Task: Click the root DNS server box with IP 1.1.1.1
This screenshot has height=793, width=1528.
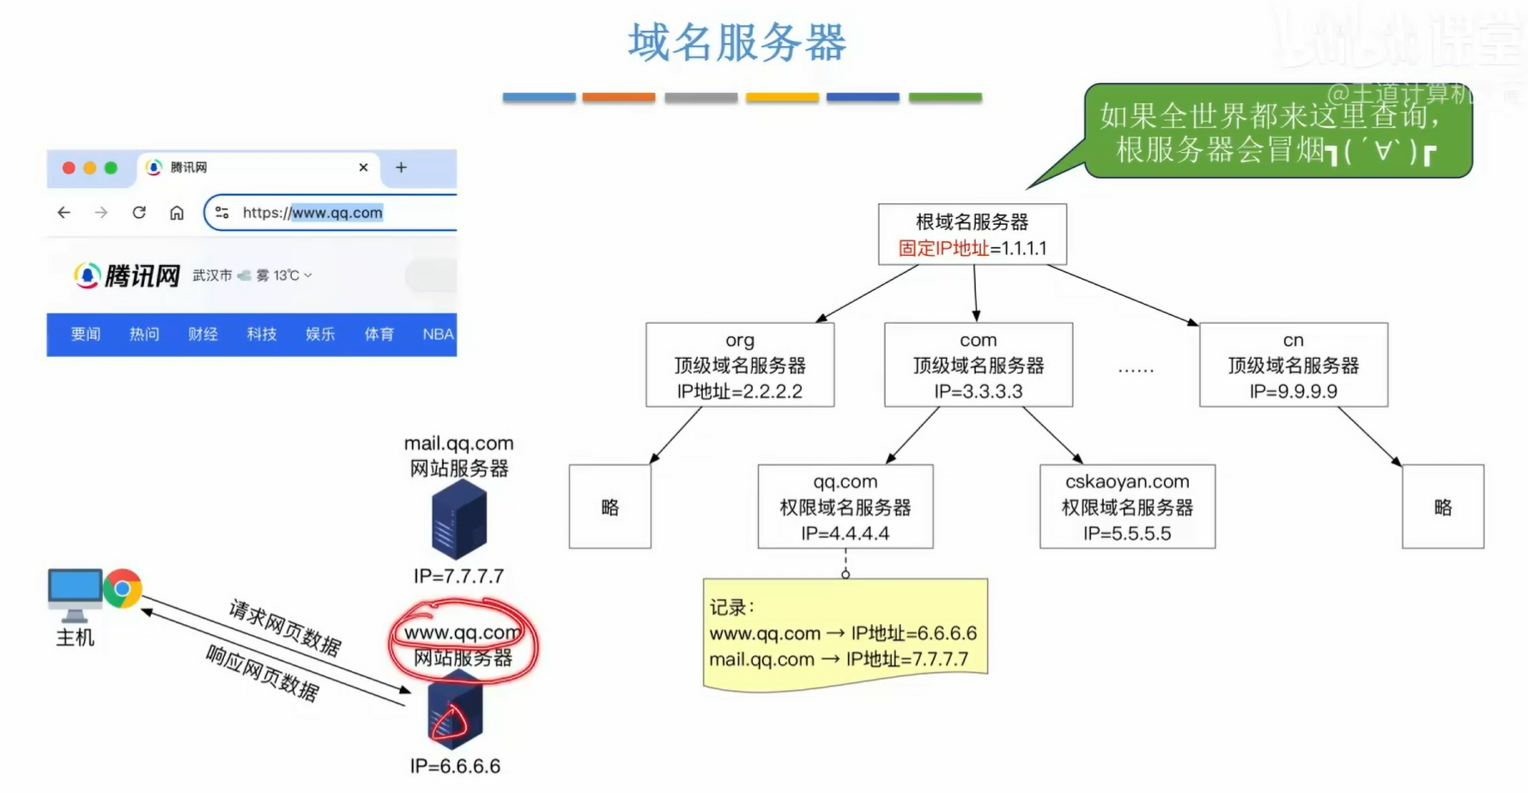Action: coord(972,234)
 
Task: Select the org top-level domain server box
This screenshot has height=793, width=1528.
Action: coord(739,365)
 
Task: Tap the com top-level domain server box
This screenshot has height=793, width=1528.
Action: coord(978,365)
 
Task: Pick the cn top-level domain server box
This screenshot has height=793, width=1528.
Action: coord(1293,365)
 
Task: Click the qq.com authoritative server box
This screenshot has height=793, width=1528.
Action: coord(845,506)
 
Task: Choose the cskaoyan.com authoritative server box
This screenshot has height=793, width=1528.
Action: coord(1126,506)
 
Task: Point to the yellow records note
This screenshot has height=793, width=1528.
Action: coord(845,633)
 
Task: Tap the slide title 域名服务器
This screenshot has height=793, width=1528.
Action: coord(737,43)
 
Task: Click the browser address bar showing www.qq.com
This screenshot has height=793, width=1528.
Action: coord(335,213)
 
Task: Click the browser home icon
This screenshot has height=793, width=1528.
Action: coord(177,213)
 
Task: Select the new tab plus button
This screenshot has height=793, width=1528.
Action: coord(401,167)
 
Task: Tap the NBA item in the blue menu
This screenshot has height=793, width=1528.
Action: coord(437,334)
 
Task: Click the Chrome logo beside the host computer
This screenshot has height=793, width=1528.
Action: coord(123,589)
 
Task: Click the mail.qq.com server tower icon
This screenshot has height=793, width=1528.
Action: coord(458,520)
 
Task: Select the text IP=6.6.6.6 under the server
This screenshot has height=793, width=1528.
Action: coord(455,766)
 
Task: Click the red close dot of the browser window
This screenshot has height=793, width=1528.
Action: coord(69,168)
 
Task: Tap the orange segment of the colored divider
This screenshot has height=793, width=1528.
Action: coord(618,98)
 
